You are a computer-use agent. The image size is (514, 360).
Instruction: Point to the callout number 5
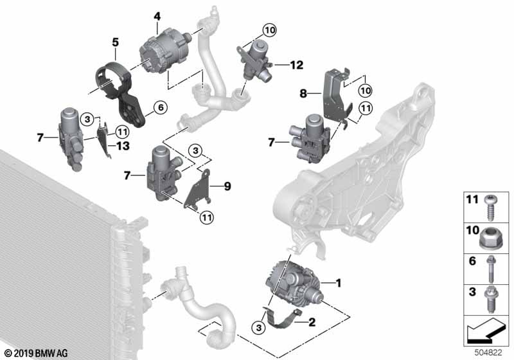coord(114,42)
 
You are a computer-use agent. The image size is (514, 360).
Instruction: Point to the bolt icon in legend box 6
coord(490,270)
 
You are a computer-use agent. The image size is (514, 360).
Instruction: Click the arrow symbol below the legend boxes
coord(486,334)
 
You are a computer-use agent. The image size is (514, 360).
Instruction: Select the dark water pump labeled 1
coord(292,283)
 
